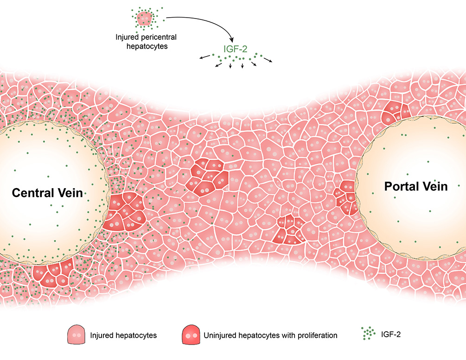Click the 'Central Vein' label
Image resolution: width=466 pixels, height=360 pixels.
click(47, 192)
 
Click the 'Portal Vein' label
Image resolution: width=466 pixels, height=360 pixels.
click(416, 187)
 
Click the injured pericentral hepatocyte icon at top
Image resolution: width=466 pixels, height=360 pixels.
click(145, 18)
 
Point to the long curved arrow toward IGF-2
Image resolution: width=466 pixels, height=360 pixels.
click(204, 23)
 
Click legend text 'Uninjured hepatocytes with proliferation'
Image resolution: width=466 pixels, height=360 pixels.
click(270, 335)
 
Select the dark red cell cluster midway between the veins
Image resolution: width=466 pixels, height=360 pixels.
click(207, 175)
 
